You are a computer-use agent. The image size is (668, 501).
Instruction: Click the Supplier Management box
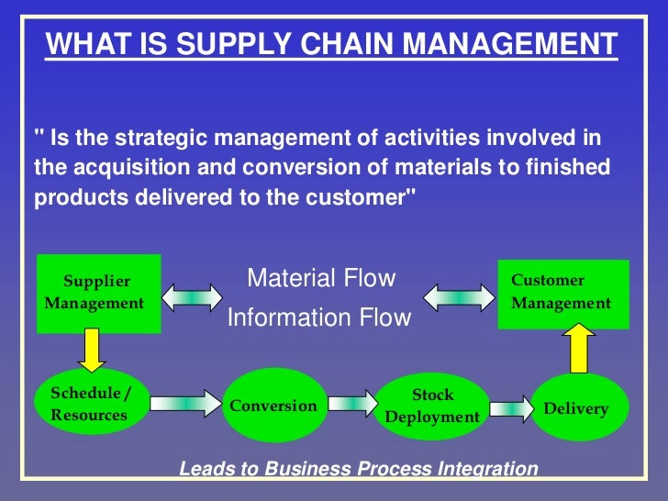coord(97,293)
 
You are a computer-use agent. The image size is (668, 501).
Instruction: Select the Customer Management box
coord(563,293)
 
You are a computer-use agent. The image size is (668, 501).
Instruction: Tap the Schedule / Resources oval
coord(91,404)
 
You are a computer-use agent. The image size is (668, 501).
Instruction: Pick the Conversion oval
coord(273,406)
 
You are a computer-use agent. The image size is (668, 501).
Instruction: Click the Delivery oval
coord(575,407)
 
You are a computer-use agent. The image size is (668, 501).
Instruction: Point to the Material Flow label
coord(321,278)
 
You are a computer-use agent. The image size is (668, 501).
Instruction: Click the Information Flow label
coord(319,317)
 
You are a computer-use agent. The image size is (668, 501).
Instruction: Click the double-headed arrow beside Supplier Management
coord(191,296)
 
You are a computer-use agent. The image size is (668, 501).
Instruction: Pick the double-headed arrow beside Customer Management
coord(459,296)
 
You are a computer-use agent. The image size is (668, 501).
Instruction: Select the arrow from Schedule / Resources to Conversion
coord(186,402)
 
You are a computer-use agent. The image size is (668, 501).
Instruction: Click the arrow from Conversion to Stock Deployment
coord(351,402)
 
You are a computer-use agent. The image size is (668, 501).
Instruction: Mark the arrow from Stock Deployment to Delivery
coord(510,406)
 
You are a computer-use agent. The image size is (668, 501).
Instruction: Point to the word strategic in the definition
coord(145,138)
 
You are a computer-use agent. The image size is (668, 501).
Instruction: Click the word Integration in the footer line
coord(485,469)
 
